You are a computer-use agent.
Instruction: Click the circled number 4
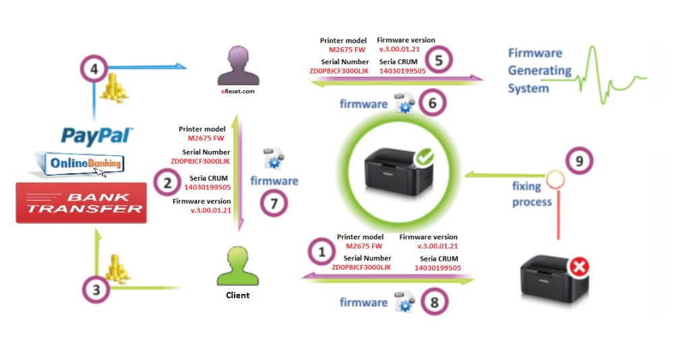pyautogui.click(x=93, y=69)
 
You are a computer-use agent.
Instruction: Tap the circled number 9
pyautogui.click(x=580, y=161)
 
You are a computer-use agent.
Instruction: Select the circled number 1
pyautogui.click(x=321, y=251)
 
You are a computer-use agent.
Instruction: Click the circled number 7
pyautogui.click(x=274, y=203)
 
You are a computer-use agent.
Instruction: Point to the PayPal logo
pyautogui.click(x=97, y=136)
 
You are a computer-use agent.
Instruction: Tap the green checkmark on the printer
pyautogui.click(x=425, y=158)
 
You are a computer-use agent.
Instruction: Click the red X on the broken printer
pyautogui.click(x=578, y=267)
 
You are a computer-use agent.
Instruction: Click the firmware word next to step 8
pyautogui.click(x=363, y=303)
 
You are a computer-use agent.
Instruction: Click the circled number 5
pyautogui.click(x=438, y=61)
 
